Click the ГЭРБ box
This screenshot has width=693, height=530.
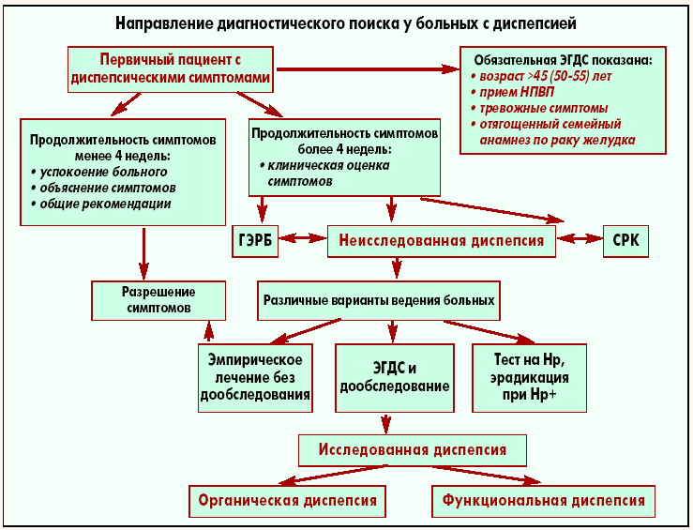tap(256, 240)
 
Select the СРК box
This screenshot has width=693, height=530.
tap(625, 240)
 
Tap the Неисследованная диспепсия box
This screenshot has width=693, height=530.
tap(442, 240)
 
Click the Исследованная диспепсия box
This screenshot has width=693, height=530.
tap(413, 449)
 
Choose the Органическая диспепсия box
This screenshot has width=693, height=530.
tap(288, 500)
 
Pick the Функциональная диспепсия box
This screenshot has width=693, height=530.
tap(544, 500)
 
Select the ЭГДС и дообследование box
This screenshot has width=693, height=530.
tap(393, 378)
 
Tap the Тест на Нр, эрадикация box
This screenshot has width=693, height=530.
tap(528, 378)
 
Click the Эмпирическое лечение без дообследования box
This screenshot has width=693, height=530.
tap(255, 378)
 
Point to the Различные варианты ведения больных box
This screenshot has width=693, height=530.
tap(378, 301)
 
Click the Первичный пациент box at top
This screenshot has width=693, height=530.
tap(172, 68)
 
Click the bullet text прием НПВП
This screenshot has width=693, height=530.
tap(512, 93)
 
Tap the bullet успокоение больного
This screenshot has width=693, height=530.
tap(103, 172)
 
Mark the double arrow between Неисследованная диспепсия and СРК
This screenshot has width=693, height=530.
tap(580, 240)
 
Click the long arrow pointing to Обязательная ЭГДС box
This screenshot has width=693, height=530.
tap(366, 68)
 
